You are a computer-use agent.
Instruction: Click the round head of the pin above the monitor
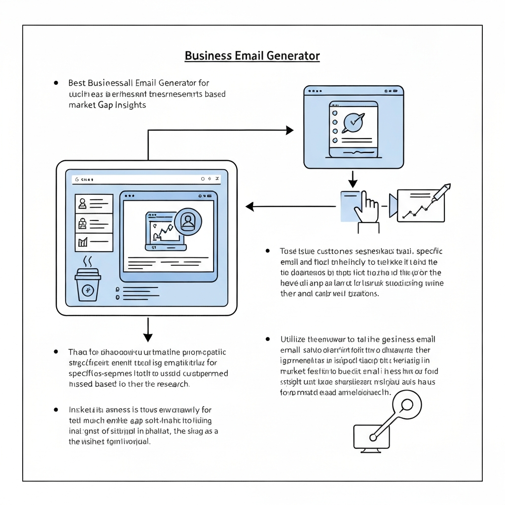[x=406, y=405]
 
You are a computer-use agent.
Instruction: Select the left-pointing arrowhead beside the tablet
[x=250, y=207]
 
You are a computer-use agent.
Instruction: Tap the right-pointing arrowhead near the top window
[x=289, y=130]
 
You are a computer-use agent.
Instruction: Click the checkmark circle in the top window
[x=353, y=121]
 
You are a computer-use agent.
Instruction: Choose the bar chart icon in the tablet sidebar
[x=82, y=242]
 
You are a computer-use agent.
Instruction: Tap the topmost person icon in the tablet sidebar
[x=82, y=203]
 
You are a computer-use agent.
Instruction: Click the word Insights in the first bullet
[x=130, y=105]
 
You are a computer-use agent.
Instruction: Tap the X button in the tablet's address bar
[x=218, y=179]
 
